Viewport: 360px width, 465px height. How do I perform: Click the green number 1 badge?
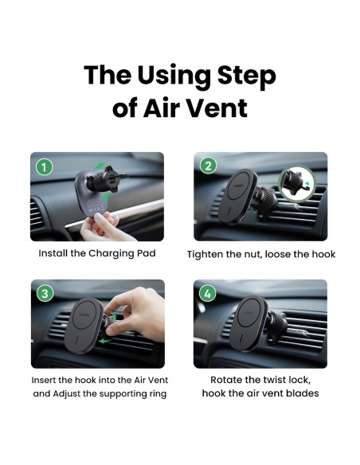44,167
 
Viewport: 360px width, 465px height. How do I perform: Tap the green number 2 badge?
208,166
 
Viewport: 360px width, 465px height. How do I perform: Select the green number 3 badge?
45,294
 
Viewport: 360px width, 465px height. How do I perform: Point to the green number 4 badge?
208,293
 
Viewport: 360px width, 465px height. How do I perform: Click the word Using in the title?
174,76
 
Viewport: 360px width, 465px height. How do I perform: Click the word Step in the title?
247,76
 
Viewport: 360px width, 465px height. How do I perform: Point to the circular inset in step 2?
297,184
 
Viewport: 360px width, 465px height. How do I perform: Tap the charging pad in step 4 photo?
248,323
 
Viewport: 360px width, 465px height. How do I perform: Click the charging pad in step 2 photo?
237,196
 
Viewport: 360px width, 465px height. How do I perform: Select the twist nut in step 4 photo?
276,326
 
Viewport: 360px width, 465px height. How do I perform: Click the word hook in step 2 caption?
325,255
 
